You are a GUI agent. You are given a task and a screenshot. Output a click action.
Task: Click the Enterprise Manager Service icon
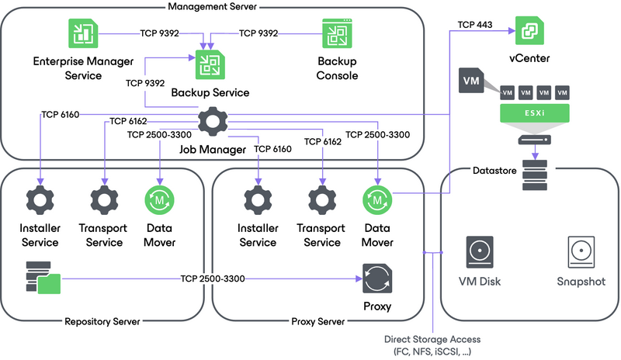click(x=79, y=35)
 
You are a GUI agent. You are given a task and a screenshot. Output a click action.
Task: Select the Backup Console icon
click(x=337, y=35)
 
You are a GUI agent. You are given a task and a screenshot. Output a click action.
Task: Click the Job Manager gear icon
click(x=210, y=123)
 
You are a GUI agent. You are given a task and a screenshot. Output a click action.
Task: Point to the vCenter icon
click(x=530, y=30)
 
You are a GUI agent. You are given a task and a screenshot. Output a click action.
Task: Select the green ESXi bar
click(x=533, y=114)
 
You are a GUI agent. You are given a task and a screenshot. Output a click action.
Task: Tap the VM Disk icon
click(x=478, y=253)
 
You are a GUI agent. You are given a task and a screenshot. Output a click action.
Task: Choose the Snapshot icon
click(x=581, y=253)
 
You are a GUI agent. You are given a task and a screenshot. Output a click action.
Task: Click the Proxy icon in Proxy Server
click(x=377, y=278)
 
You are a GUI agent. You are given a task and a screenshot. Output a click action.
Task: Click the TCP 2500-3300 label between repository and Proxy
click(x=213, y=278)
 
